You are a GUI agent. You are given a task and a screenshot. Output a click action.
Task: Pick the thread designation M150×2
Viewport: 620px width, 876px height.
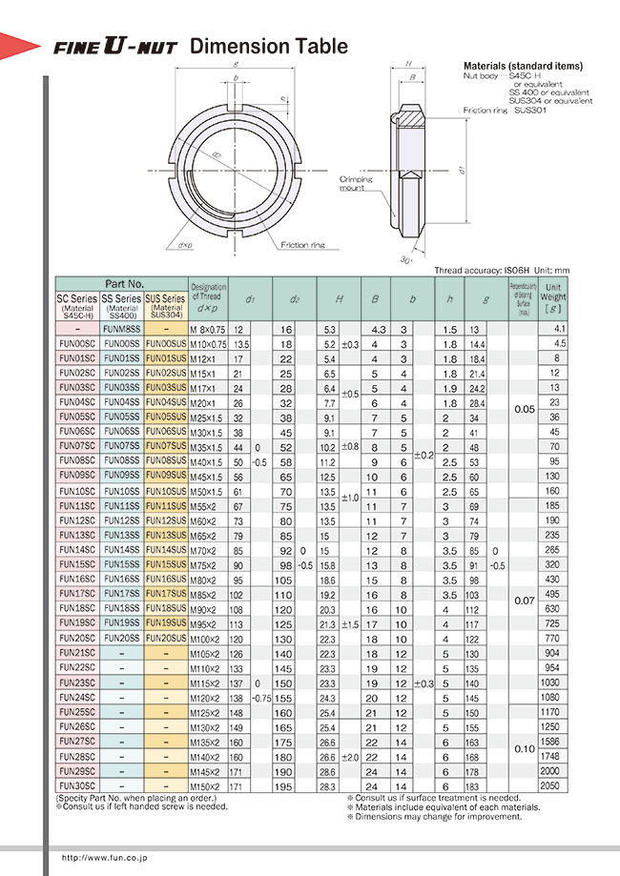click(208, 786)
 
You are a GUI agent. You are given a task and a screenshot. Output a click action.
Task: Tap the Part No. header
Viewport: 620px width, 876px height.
click(124, 284)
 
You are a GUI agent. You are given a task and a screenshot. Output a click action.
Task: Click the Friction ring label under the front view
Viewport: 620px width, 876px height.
click(302, 246)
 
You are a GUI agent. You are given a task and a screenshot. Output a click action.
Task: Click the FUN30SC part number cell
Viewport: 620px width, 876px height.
click(76, 786)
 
